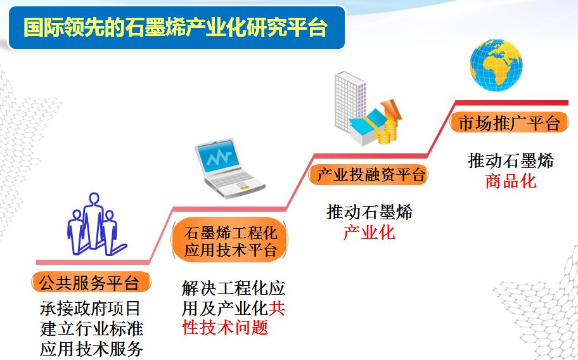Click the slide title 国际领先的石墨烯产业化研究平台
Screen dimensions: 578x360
176,27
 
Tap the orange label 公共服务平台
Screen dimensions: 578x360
91,282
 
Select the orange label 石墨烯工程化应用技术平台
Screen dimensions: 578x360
229,241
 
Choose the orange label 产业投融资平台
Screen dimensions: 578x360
369,174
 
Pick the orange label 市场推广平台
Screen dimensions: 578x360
509,122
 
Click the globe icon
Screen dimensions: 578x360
496,65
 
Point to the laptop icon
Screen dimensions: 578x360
229,169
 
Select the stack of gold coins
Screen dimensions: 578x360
387,132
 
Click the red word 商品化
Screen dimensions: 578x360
511,181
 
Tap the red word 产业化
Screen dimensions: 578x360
369,233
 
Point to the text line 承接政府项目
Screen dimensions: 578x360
91,308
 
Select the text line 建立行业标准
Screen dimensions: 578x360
91,328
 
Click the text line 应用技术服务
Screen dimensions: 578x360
91,349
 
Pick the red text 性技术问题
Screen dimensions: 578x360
225,327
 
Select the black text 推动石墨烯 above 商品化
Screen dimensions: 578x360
511,161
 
